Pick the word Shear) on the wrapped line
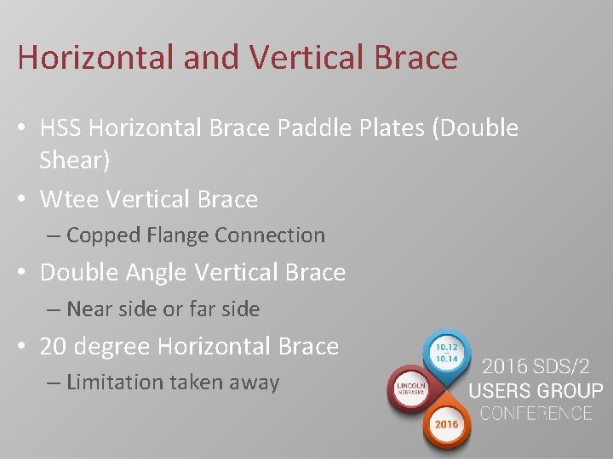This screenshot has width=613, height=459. (72, 159)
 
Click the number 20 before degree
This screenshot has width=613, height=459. (54, 347)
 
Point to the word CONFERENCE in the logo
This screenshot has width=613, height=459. (536, 414)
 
